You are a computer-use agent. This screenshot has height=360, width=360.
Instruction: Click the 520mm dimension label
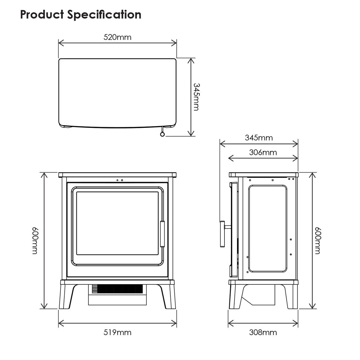[117, 37]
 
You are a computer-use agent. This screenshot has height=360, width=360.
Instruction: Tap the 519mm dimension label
[117, 332]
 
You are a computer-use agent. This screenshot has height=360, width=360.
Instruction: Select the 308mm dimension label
[263, 332]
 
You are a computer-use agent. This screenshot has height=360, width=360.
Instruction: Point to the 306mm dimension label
[263, 152]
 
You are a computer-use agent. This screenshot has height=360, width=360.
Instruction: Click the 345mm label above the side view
[259, 138]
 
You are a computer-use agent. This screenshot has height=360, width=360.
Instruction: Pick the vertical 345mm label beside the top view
[196, 97]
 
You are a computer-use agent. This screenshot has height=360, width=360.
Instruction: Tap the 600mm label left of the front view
[35, 240]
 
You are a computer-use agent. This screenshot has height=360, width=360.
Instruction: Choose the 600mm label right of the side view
[317, 240]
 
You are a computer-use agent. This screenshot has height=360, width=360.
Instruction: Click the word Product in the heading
[42, 14]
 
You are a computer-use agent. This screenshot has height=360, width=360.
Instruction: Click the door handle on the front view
[162, 234]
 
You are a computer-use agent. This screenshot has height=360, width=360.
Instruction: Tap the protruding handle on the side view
[223, 234]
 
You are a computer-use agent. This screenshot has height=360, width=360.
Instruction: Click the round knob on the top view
[162, 134]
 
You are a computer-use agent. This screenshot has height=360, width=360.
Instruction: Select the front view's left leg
[66, 297]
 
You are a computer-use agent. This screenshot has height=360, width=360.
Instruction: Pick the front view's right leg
[169, 297]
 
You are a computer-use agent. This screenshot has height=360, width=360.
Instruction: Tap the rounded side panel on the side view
[267, 229]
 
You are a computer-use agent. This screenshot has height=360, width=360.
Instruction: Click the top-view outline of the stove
[117, 93]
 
